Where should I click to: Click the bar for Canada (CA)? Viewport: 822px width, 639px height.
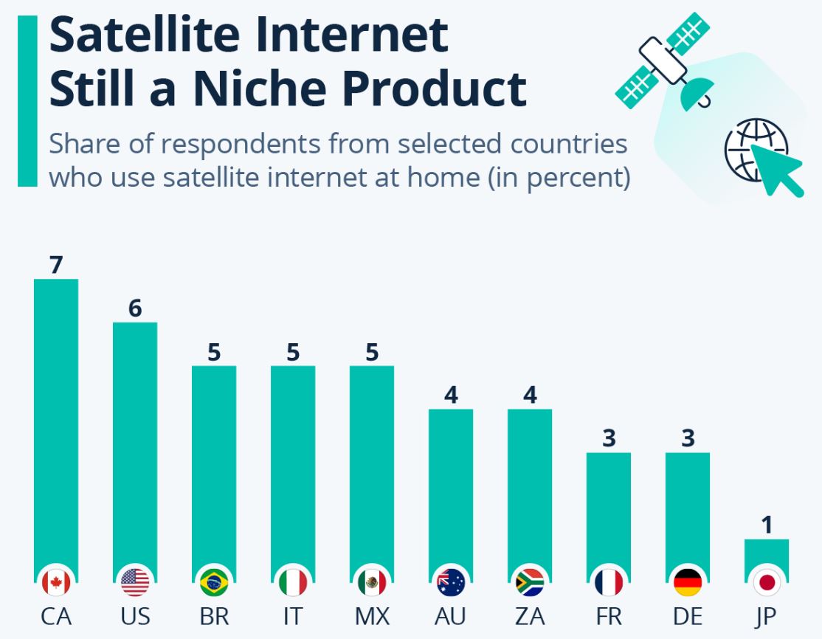[x=56, y=421]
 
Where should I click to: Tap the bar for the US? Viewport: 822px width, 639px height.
[x=135, y=443]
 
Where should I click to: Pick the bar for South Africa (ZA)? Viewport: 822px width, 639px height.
[x=530, y=487]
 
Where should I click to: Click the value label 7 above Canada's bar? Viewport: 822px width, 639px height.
[x=56, y=265]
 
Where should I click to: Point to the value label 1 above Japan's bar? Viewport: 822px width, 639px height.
[x=767, y=525]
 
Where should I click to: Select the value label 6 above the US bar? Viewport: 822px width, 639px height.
[x=135, y=308]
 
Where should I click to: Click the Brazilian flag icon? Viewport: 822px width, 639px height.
[x=214, y=583]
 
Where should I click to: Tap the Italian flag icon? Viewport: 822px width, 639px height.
[x=293, y=583]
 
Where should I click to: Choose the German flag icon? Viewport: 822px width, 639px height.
[x=688, y=583]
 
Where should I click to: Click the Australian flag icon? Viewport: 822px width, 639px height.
[x=451, y=583]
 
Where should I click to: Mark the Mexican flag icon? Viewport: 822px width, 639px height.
[x=372, y=583]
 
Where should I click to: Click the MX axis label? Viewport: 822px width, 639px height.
[x=372, y=616]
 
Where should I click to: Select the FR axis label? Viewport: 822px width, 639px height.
[x=609, y=616]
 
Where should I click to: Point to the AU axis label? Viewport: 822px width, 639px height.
[x=451, y=616]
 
